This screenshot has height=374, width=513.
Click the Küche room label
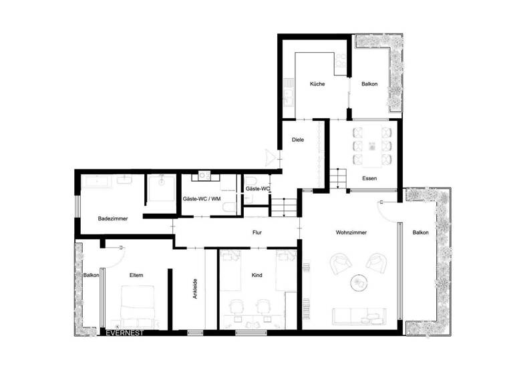coord(317,84)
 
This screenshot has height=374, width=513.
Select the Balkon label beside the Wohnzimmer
coord(421,232)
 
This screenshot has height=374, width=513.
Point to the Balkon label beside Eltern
coord(91,275)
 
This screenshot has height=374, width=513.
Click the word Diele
coord(299,140)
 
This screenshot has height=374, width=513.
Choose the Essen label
coord(369,178)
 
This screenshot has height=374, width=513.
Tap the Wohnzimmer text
coord(351,232)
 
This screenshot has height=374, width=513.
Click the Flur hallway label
coord(256,233)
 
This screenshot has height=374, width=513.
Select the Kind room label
coord(257,275)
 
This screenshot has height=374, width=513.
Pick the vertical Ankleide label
coord(194,289)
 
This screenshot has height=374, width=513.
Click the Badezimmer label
coord(113,218)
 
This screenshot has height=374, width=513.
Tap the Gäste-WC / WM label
coord(201,199)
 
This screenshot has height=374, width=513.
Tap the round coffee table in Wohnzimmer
coord(359,283)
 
